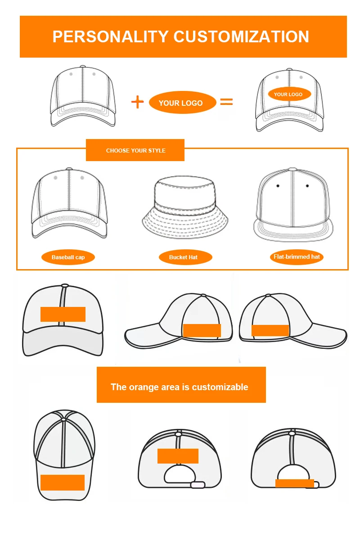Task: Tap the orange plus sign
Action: tap(137, 102)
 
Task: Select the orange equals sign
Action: tap(226, 102)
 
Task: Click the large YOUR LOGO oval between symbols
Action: tap(180, 103)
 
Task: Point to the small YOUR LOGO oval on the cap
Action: tap(288, 94)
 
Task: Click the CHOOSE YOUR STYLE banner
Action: tap(135, 150)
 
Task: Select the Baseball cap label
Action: tap(68, 257)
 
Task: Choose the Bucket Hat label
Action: tap(183, 257)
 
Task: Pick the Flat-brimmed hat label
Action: tap(297, 257)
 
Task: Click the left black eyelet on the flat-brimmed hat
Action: tap(278, 186)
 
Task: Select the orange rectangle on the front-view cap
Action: tap(63, 314)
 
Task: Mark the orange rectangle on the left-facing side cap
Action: tap(202, 330)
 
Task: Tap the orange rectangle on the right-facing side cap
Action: tap(270, 330)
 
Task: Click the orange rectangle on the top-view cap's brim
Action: tap(63, 482)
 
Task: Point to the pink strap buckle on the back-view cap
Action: tap(198, 485)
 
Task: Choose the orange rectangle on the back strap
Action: tap(295, 483)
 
